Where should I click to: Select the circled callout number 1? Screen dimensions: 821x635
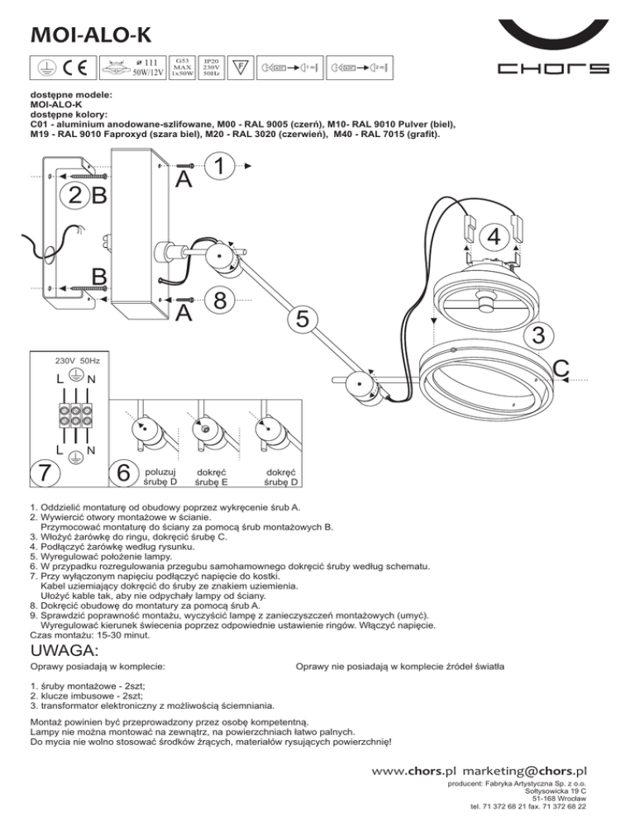click(218, 168)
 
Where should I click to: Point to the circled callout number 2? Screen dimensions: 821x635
click(74, 196)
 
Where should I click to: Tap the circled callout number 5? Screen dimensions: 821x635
click(305, 317)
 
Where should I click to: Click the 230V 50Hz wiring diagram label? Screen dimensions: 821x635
click(77, 362)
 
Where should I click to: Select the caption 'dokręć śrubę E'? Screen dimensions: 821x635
click(212, 476)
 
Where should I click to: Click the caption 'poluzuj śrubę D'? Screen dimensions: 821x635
click(160, 476)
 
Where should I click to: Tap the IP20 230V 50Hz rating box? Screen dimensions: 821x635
click(210, 67)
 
